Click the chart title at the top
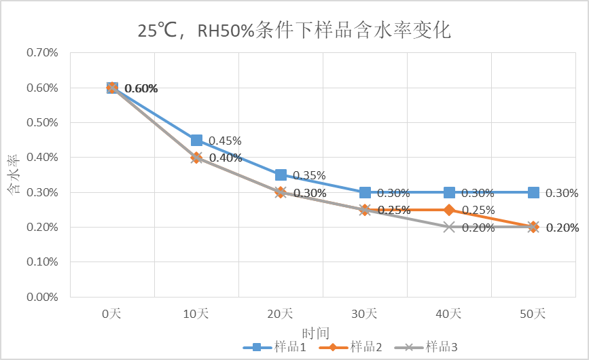click(x=294, y=31)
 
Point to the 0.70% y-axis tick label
click(x=42, y=53)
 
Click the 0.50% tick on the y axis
click(x=42, y=123)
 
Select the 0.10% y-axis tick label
click(x=42, y=262)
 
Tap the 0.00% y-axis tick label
click(x=42, y=297)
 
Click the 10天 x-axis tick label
click(x=196, y=314)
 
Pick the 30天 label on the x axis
click(x=364, y=314)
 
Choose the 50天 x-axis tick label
click(x=533, y=314)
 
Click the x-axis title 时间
click(x=316, y=333)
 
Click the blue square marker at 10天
click(x=196, y=140)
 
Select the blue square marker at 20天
click(x=281, y=175)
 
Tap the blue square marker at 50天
click(x=533, y=192)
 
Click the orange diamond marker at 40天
click(x=449, y=210)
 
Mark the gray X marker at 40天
click(x=449, y=227)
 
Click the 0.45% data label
click(x=225, y=141)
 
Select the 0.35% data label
click(x=309, y=175)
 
